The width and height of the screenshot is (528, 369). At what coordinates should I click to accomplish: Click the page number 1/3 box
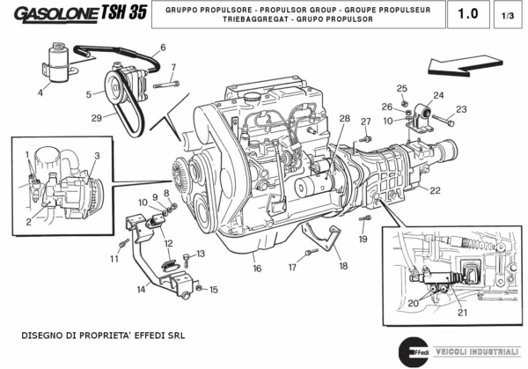point(508,15)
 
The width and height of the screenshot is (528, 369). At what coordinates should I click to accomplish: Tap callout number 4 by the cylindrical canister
point(40,92)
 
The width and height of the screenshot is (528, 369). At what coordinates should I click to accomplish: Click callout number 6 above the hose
point(163,48)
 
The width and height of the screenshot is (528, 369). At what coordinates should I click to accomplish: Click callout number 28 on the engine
point(344,119)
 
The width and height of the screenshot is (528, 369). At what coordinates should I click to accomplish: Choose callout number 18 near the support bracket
point(342,265)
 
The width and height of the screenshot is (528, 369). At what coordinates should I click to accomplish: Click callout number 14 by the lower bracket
point(141,288)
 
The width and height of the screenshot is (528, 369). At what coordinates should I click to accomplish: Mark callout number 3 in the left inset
point(97,156)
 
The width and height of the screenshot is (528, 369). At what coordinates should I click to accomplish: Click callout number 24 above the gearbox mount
point(438,95)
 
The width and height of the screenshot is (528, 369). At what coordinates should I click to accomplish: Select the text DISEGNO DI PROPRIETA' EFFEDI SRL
point(104,336)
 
